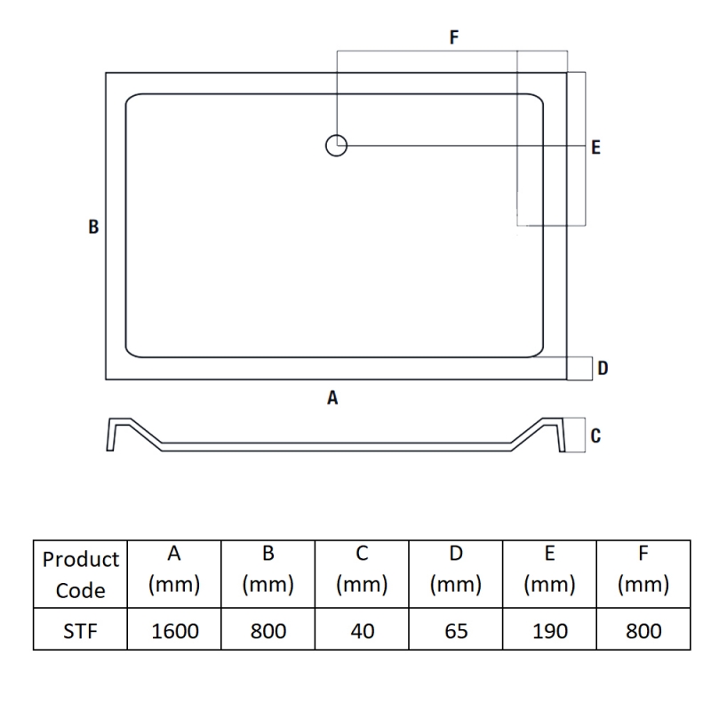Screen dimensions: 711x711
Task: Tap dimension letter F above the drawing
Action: pyautogui.click(x=454, y=37)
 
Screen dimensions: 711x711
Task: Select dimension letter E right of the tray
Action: pyautogui.click(x=595, y=148)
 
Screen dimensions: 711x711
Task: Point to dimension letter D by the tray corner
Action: pyautogui.click(x=603, y=368)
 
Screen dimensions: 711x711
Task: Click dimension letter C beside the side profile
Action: pyautogui.click(x=595, y=435)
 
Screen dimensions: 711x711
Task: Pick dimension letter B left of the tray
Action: pyautogui.click(x=93, y=227)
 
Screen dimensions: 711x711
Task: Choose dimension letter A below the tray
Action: pyautogui.click(x=332, y=397)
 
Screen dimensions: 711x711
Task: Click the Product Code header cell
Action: pyautogui.click(x=81, y=574)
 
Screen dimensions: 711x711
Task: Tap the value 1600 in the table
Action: pyautogui.click(x=174, y=631)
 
